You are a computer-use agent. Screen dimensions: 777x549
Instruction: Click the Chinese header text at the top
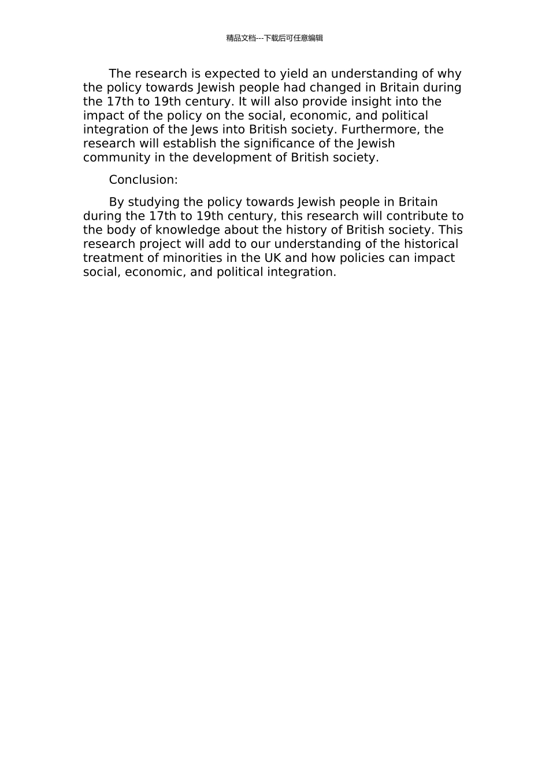click(x=274, y=38)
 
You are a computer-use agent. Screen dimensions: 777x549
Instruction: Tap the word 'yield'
click(x=294, y=74)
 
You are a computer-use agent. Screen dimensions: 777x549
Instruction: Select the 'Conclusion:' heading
click(x=143, y=180)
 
